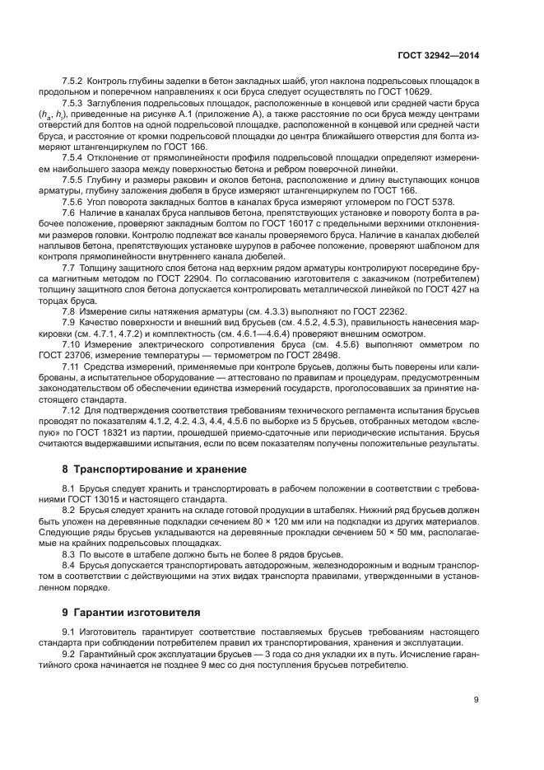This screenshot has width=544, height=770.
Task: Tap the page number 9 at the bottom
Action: [477, 700]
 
